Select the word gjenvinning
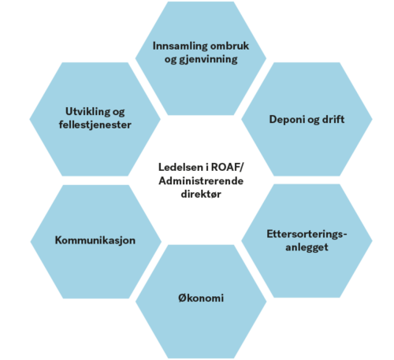(x=208, y=60)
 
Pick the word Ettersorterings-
(x=307, y=234)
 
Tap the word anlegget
(x=307, y=247)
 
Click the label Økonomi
(x=201, y=298)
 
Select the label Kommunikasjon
(x=95, y=240)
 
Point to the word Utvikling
(x=87, y=112)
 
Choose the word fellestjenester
(x=95, y=124)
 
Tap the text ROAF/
(x=228, y=167)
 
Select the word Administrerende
(x=201, y=181)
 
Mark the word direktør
(x=201, y=195)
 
